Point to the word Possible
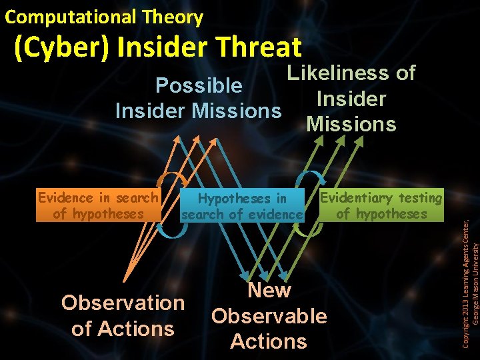click(198, 85)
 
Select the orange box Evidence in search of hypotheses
click(98, 205)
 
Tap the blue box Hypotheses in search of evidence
click(243, 206)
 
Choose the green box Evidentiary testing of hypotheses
click(381, 205)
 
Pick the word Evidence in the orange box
click(65, 197)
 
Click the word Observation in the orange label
click(123, 303)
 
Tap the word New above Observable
click(269, 290)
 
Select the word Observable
click(269, 315)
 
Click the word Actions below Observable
click(269, 341)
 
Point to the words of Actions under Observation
click(123, 329)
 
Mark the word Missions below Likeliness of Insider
click(351, 124)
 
